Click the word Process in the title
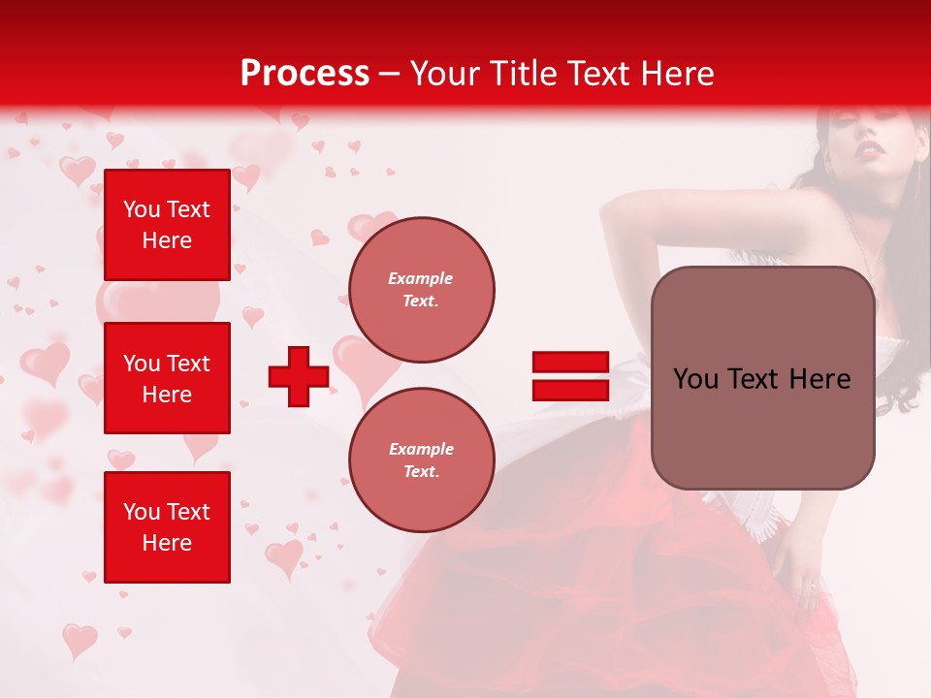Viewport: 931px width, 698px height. pyautogui.click(x=305, y=74)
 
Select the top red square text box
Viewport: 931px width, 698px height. pyautogui.click(x=167, y=225)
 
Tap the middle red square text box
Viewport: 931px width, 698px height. pyautogui.click(x=167, y=378)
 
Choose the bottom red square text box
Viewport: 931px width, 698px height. pyautogui.click(x=167, y=527)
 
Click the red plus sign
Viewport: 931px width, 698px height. pyautogui.click(x=298, y=376)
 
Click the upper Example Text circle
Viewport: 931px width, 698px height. pyautogui.click(x=421, y=290)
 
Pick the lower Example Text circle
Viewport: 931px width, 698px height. pyautogui.click(x=421, y=460)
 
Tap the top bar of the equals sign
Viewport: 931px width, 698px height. pyautogui.click(x=570, y=363)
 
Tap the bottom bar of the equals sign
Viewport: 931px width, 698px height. pyautogui.click(x=570, y=390)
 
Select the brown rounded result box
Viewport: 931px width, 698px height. pyautogui.click(x=762, y=378)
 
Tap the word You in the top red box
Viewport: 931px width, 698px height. pyautogui.click(x=141, y=209)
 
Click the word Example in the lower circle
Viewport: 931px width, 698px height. pyautogui.click(x=421, y=449)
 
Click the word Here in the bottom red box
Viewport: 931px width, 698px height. pyautogui.click(x=167, y=543)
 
